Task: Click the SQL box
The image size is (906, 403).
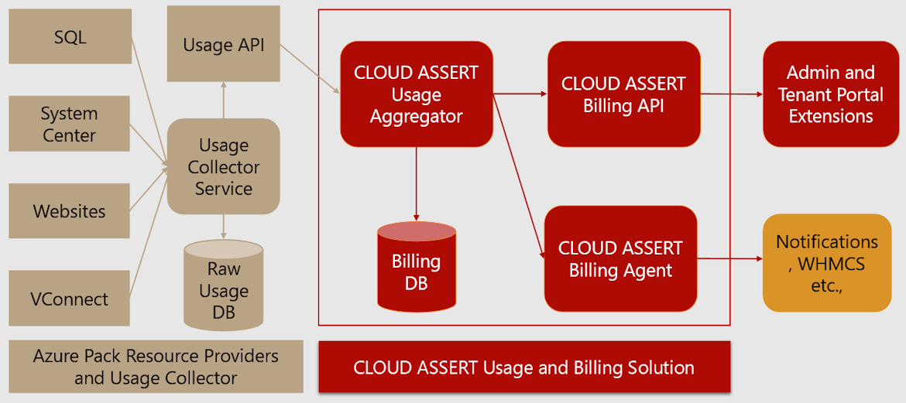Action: pyautogui.click(x=70, y=36)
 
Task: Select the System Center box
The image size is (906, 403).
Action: pyautogui.click(x=70, y=124)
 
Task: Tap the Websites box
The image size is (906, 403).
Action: pyautogui.click(x=70, y=211)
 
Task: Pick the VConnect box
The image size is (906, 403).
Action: pyautogui.click(x=70, y=299)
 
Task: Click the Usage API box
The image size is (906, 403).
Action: pyautogui.click(x=224, y=45)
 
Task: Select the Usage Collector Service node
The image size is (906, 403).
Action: pyautogui.click(x=224, y=166)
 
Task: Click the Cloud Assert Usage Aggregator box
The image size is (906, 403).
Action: pyautogui.click(x=417, y=94)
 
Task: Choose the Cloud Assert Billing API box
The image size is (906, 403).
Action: pyautogui.click(x=623, y=94)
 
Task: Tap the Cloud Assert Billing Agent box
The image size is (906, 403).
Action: pyautogui.click(x=620, y=258)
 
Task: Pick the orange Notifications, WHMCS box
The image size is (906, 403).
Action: pyautogui.click(x=827, y=263)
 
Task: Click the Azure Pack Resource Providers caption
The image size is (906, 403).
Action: pyautogui.click(x=156, y=367)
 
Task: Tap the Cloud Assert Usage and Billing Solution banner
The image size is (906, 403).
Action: pyautogui.click(x=524, y=367)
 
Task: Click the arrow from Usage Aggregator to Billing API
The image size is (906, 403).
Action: pyautogui.click(x=520, y=94)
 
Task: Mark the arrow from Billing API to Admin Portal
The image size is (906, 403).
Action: pyautogui.click(x=732, y=94)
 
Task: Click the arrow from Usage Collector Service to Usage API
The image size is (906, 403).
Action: pyautogui.click(x=224, y=100)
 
